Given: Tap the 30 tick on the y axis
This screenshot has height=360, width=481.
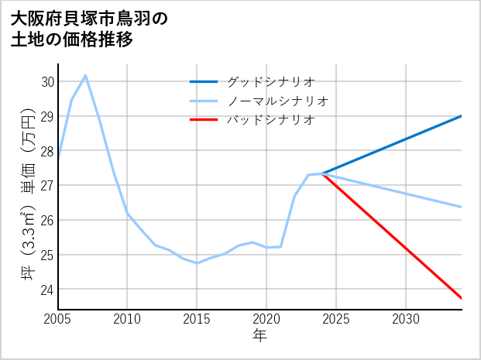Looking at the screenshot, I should click(47, 81).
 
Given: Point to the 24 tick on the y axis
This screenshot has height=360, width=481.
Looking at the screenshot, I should click(47, 290).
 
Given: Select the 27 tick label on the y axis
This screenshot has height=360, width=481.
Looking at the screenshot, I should click(47, 186).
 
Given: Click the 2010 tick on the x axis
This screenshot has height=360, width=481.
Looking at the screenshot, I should click(127, 319).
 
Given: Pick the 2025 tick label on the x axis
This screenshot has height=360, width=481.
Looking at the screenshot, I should click(336, 319).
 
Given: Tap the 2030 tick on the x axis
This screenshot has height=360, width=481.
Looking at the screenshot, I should click(406, 319).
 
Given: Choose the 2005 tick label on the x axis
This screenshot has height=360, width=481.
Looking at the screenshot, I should click(57, 319).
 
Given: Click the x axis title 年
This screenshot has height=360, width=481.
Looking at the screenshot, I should click(259, 335).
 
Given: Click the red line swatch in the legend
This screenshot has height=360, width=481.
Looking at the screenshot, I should click(204, 120).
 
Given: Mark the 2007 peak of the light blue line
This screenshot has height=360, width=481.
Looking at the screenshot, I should click(85, 75).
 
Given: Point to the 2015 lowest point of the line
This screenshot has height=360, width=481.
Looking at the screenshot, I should click(197, 263).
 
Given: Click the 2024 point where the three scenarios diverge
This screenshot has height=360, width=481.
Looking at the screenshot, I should click(322, 174).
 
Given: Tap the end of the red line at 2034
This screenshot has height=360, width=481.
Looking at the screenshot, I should click(462, 298).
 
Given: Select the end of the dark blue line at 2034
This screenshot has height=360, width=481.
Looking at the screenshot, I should click(462, 116).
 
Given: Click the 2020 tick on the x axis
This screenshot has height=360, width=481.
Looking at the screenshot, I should click(266, 319).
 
